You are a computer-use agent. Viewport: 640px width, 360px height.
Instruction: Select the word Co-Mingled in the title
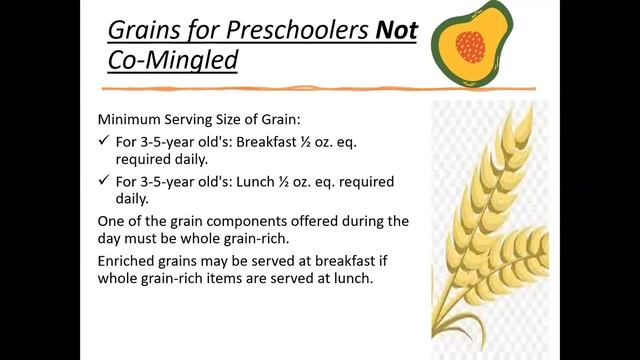173,60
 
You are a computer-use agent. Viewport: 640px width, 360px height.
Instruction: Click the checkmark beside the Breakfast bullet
105,142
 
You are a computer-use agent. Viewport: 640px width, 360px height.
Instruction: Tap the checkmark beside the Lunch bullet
105,181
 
